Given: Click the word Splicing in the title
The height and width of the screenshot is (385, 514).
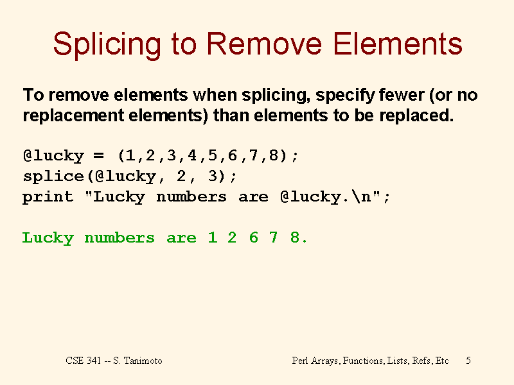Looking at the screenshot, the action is pos(107,46).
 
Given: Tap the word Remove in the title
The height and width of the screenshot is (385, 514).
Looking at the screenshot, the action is pos(264,44).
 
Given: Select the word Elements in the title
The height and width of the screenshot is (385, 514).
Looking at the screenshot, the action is pos(398,44).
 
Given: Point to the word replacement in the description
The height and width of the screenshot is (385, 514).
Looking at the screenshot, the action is pos(73,116).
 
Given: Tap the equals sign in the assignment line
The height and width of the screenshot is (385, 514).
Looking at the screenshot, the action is pos(99,155).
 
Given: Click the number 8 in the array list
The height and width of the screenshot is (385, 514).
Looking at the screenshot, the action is pos(274,155).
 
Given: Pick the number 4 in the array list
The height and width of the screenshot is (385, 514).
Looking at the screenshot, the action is pos(191,155).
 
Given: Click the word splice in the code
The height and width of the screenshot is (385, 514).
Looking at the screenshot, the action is pos(54,177).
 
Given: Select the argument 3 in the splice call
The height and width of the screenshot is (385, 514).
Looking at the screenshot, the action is pos(213,176).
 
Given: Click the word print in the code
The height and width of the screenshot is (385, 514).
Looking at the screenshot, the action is pos(48,198).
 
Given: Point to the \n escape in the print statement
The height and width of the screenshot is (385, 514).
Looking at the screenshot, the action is pos(362,196).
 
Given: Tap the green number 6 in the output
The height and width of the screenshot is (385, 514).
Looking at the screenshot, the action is pos(253,237).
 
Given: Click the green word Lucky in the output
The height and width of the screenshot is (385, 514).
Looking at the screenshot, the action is pos(48,238).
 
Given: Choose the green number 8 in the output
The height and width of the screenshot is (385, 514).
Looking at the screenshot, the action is pos(295,237).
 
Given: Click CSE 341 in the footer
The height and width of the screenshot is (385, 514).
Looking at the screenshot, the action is pos(84,361).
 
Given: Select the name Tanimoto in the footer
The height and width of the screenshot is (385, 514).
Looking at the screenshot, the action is pos(143,361).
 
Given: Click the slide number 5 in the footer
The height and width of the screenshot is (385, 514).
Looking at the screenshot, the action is pos(468,361).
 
